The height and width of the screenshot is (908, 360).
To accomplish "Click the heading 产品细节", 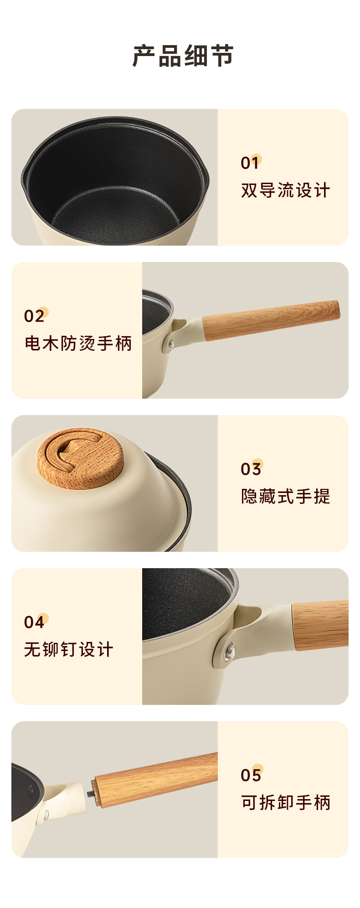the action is pyautogui.click(x=183, y=56).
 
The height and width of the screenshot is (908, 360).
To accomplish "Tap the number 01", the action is pyautogui.click(x=250, y=163).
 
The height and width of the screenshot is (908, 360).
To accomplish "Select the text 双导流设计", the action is pyautogui.click(x=285, y=190).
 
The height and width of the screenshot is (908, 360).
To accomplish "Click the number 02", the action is pyautogui.click(x=34, y=316).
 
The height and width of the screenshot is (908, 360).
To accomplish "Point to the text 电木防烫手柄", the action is pyautogui.click(x=78, y=344).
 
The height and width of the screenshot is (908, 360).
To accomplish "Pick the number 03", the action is pyautogui.click(x=251, y=469).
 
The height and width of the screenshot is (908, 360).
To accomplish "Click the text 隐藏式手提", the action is pyautogui.click(x=285, y=497).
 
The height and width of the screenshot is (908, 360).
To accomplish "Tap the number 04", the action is pyautogui.click(x=34, y=622).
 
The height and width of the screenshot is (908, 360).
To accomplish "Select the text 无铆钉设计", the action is pyautogui.click(x=68, y=650).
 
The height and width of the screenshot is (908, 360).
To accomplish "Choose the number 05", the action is pyautogui.click(x=251, y=775).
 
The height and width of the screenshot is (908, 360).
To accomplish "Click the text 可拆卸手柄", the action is pyautogui.click(x=285, y=803).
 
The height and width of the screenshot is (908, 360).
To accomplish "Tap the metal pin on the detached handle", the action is pyautogui.click(x=91, y=793).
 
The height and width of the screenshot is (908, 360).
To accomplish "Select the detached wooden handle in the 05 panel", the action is pyautogui.click(x=155, y=780).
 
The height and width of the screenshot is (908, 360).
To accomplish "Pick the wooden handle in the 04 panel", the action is pyautogui.click(x=320, y=625).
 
